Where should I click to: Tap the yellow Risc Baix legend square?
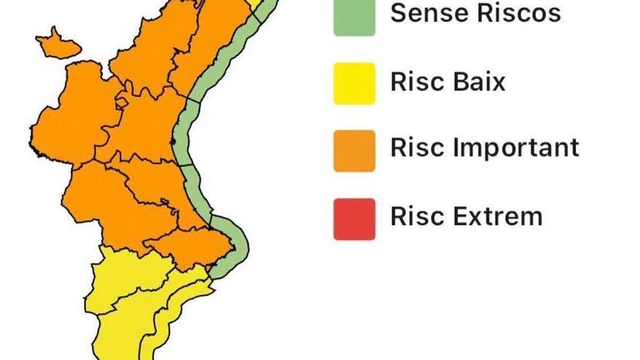click(354, 83)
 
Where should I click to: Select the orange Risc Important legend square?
click(354, 151)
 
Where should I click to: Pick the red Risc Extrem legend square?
click(354, 218)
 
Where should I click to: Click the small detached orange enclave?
click(57, 44)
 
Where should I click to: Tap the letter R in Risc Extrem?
click(398, 216)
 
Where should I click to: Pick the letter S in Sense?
click(399, 13)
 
